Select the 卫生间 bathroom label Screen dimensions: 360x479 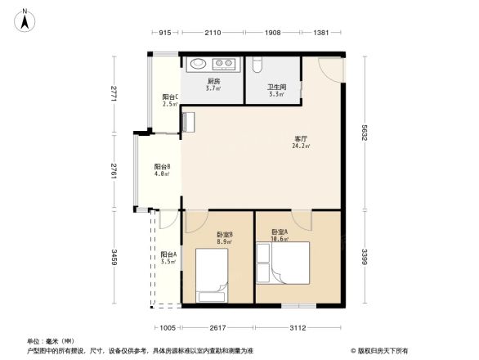(275, 87)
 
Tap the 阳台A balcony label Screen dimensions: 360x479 (168, 256)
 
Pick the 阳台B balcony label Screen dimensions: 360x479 (161, 169)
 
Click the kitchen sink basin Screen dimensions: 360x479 (199, 64)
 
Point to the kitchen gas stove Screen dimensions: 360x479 (223, 64)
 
